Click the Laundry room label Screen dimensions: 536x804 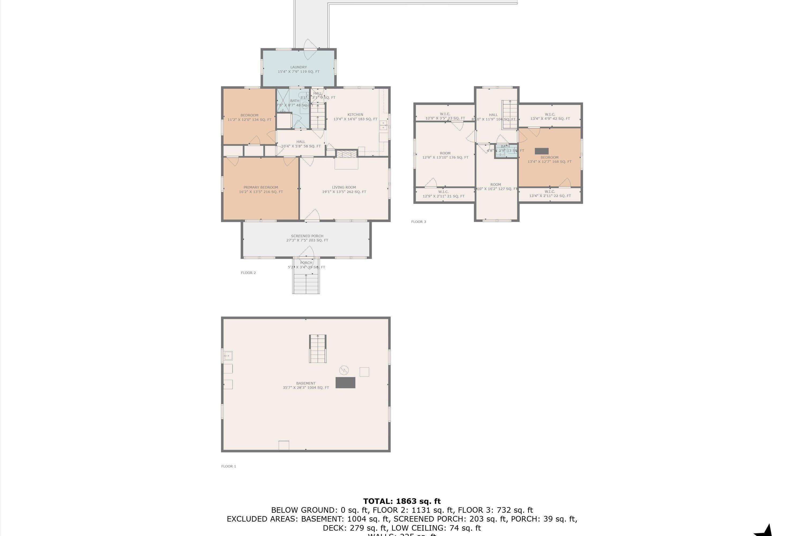[299, 69]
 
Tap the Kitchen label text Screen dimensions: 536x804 [355, 117]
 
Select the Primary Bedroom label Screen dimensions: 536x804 [261, 189]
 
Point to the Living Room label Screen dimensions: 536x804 [344, 189]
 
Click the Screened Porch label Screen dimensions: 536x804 [307, 238]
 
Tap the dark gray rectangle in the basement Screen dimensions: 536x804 [345, 382]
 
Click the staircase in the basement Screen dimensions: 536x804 [318, 349]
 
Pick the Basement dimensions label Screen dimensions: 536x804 [306, 388]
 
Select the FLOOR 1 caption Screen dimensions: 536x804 [228, 466]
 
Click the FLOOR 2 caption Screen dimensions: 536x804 [248, 273]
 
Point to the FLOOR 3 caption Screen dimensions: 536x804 [418, 222]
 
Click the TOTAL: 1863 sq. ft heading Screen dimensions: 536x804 [402, 501]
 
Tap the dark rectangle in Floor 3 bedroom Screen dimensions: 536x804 [541, 151]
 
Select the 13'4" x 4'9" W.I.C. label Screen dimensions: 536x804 [550, 117]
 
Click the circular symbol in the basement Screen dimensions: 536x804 [344, 370]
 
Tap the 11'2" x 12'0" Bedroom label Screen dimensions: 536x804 [249, 118]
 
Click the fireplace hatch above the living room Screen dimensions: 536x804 [346, 154]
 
